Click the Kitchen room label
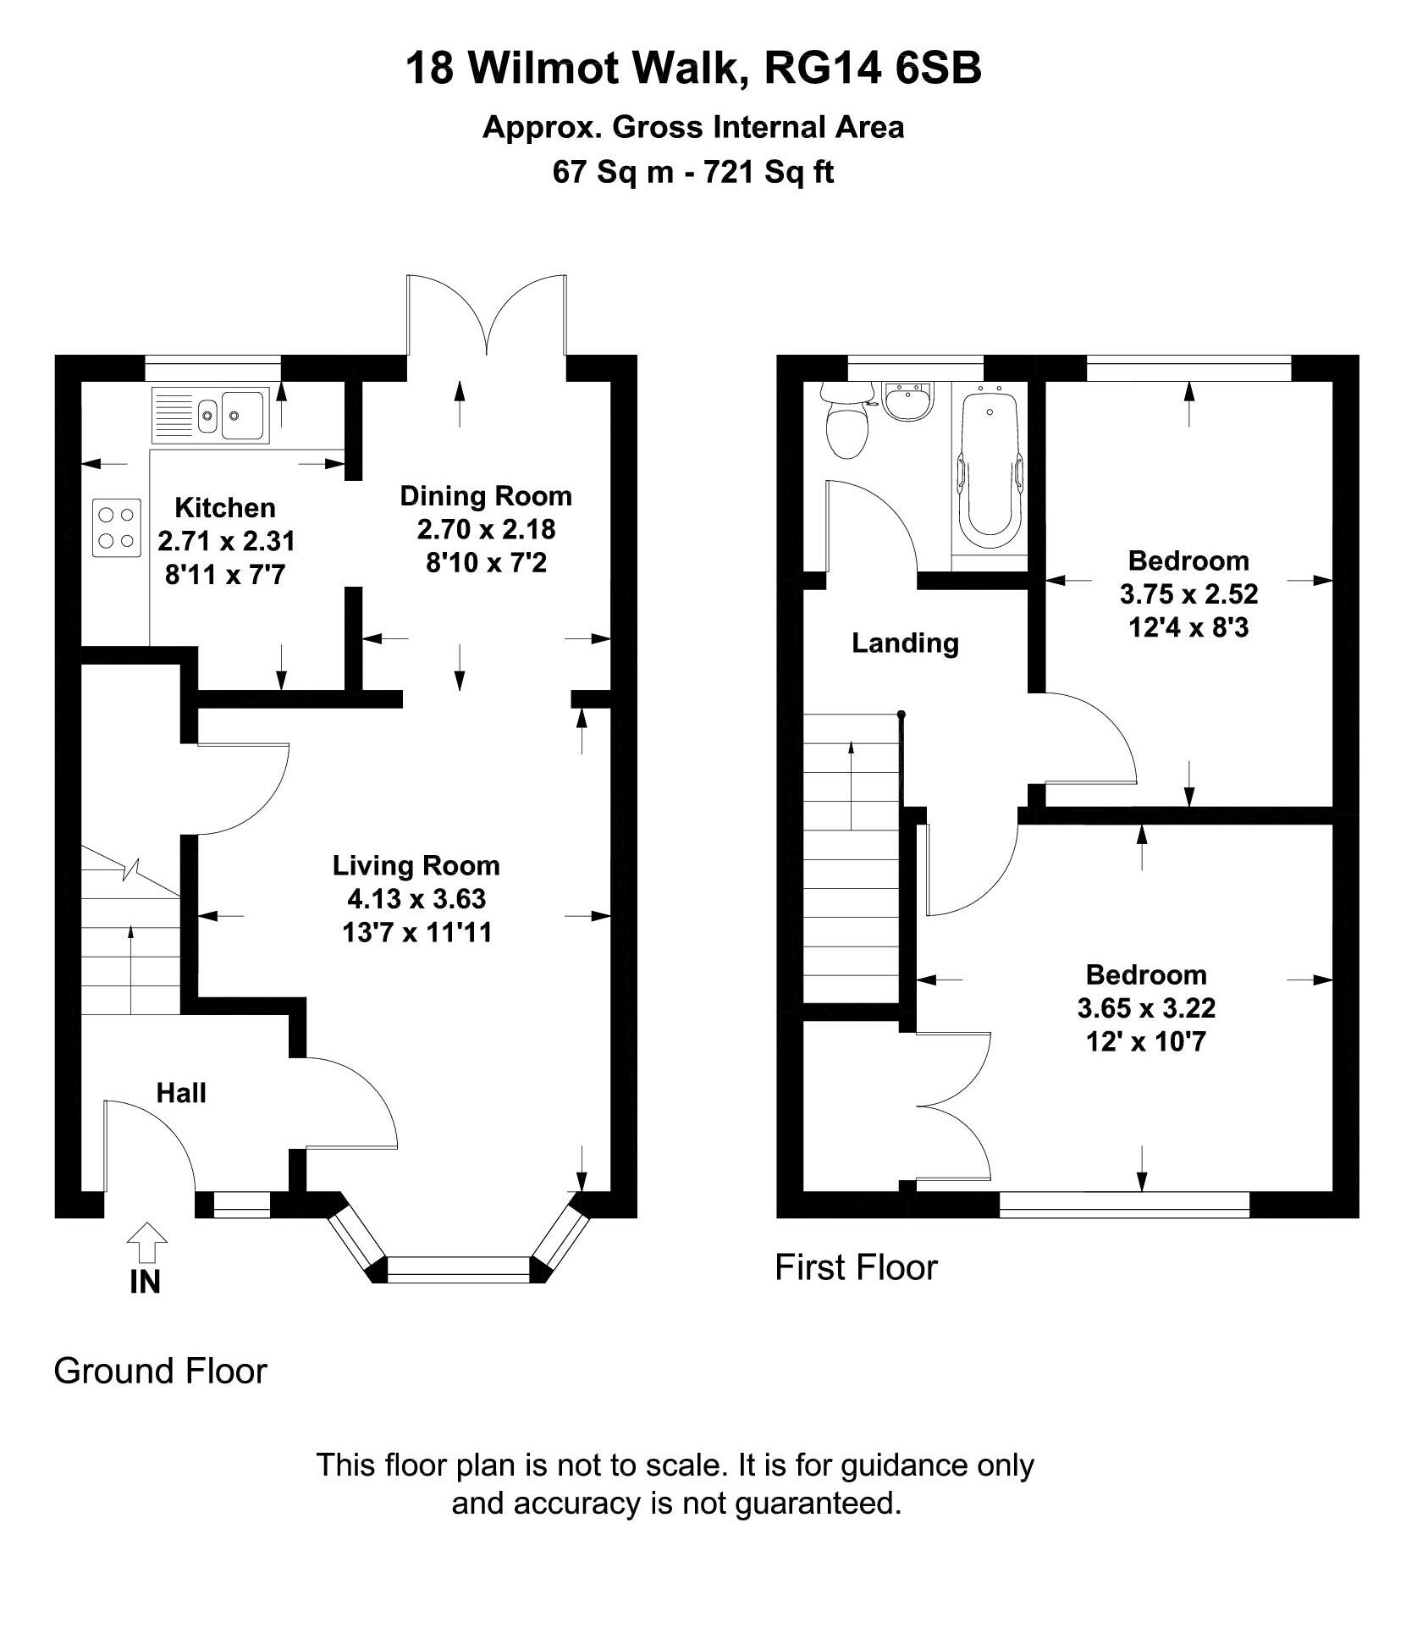click(225, 508)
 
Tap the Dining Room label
click(486, 496)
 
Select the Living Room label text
click(416, 865)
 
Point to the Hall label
click(181, 1093)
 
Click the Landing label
click(905, 643)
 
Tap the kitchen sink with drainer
click(211, 415)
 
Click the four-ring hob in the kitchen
click(117, 527)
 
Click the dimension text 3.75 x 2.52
click(1188, 594)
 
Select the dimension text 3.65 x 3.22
click(1146, 1008)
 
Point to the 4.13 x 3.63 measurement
click(416, 898)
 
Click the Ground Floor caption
click(160, 1371)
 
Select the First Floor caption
click(856, 1267)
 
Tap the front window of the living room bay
click(458, 1267)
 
